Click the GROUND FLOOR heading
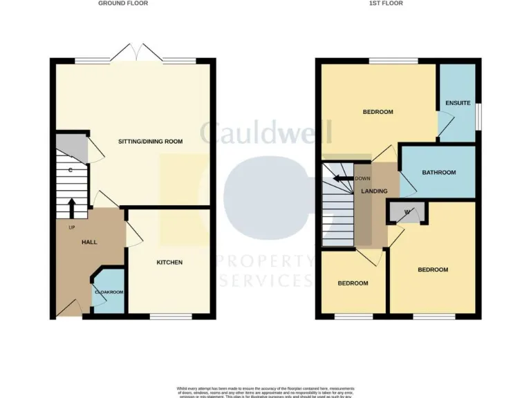point(123,3)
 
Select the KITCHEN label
point(169,263)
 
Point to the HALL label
point(89,242)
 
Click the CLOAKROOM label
point(109,292)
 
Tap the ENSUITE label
point(458,104)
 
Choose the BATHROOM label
point(439,173)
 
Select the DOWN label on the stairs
point(363,178)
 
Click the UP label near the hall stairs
point(72,227)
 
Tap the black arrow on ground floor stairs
point(72,207)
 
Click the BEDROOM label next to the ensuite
point(378,112)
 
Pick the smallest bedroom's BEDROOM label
point(353,283)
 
